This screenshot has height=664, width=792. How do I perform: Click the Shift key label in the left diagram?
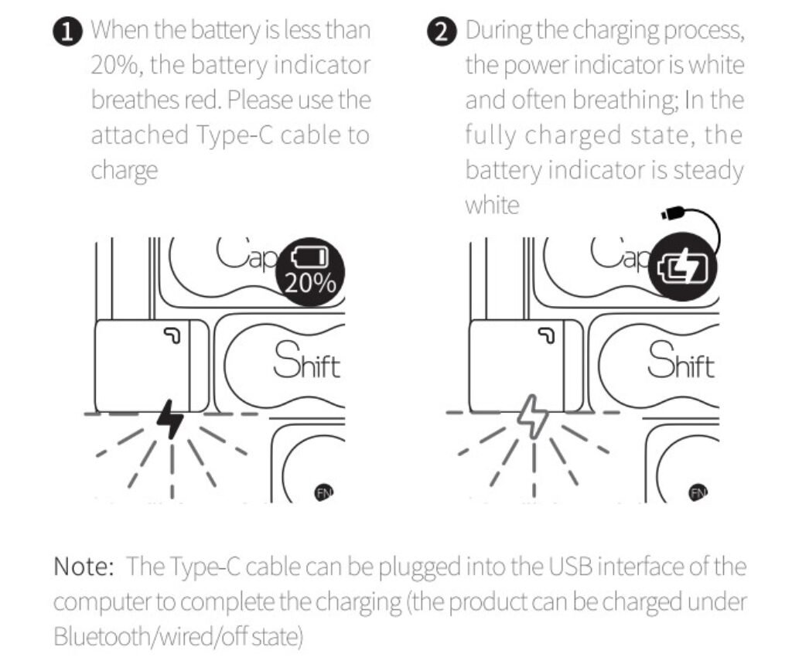[x=307, y=361]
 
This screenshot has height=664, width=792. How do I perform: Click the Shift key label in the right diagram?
[x=681, y=361]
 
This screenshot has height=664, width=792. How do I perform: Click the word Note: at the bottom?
[x=84, y=567]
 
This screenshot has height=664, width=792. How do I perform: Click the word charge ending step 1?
[x=125, y=170]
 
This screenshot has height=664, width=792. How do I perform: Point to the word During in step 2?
[x=499, y=32]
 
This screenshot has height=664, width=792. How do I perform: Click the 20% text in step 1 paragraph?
[x=116, y=66]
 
